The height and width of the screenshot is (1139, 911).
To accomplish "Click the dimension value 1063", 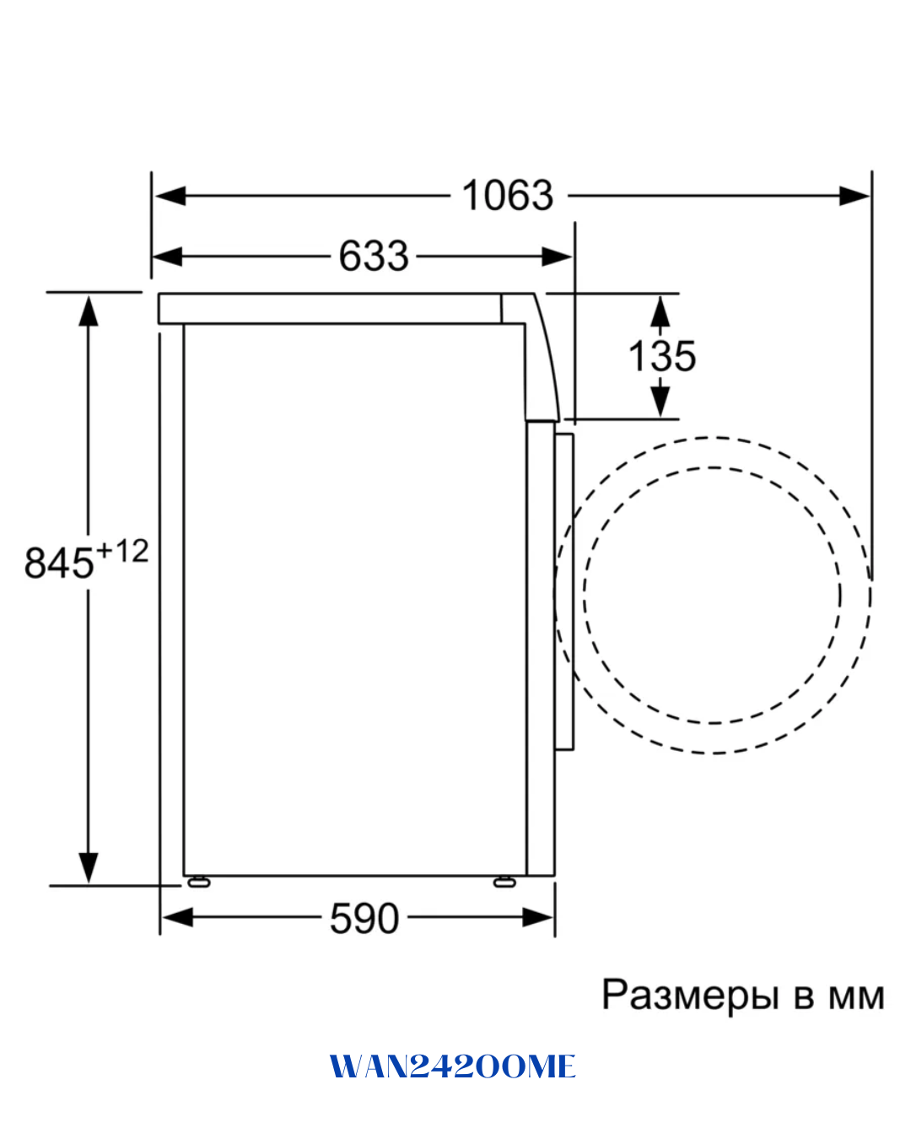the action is (507, 195).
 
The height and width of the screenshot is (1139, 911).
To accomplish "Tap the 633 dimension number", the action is (374, 256).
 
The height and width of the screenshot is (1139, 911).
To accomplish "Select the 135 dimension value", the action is (661, 356).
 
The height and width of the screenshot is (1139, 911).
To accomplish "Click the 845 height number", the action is (59, 563).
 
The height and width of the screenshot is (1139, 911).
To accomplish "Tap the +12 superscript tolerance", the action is (121, 551).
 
